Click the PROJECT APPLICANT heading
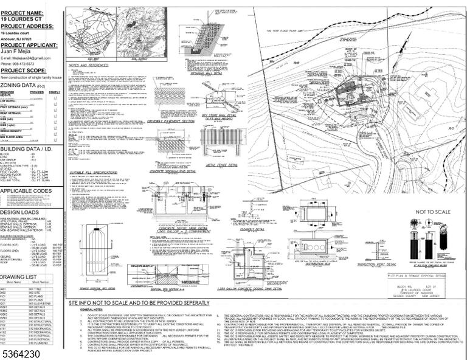(29, 45)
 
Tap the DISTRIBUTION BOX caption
(262, 265)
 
